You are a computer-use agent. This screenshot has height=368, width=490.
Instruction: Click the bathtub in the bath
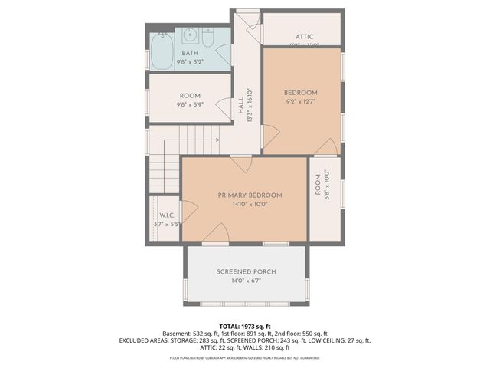click(163, 51)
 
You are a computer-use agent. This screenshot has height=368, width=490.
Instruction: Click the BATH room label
click(190, 52)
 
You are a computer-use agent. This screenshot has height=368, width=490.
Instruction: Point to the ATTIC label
click(304, 36)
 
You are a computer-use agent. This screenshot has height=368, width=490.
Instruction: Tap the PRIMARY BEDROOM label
click(250, 195)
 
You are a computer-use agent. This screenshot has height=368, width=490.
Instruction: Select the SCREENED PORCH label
click(246, 272)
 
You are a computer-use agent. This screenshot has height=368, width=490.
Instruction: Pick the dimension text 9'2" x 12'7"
click(301, 101)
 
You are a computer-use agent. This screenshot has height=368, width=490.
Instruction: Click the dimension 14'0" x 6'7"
click(246, 281)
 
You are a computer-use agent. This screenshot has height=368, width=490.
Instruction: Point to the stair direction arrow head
click(218, 140)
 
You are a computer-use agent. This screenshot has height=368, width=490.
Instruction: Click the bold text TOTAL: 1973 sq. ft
click(245, 326)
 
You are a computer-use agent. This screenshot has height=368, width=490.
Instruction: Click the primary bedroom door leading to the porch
click(219, 235)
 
